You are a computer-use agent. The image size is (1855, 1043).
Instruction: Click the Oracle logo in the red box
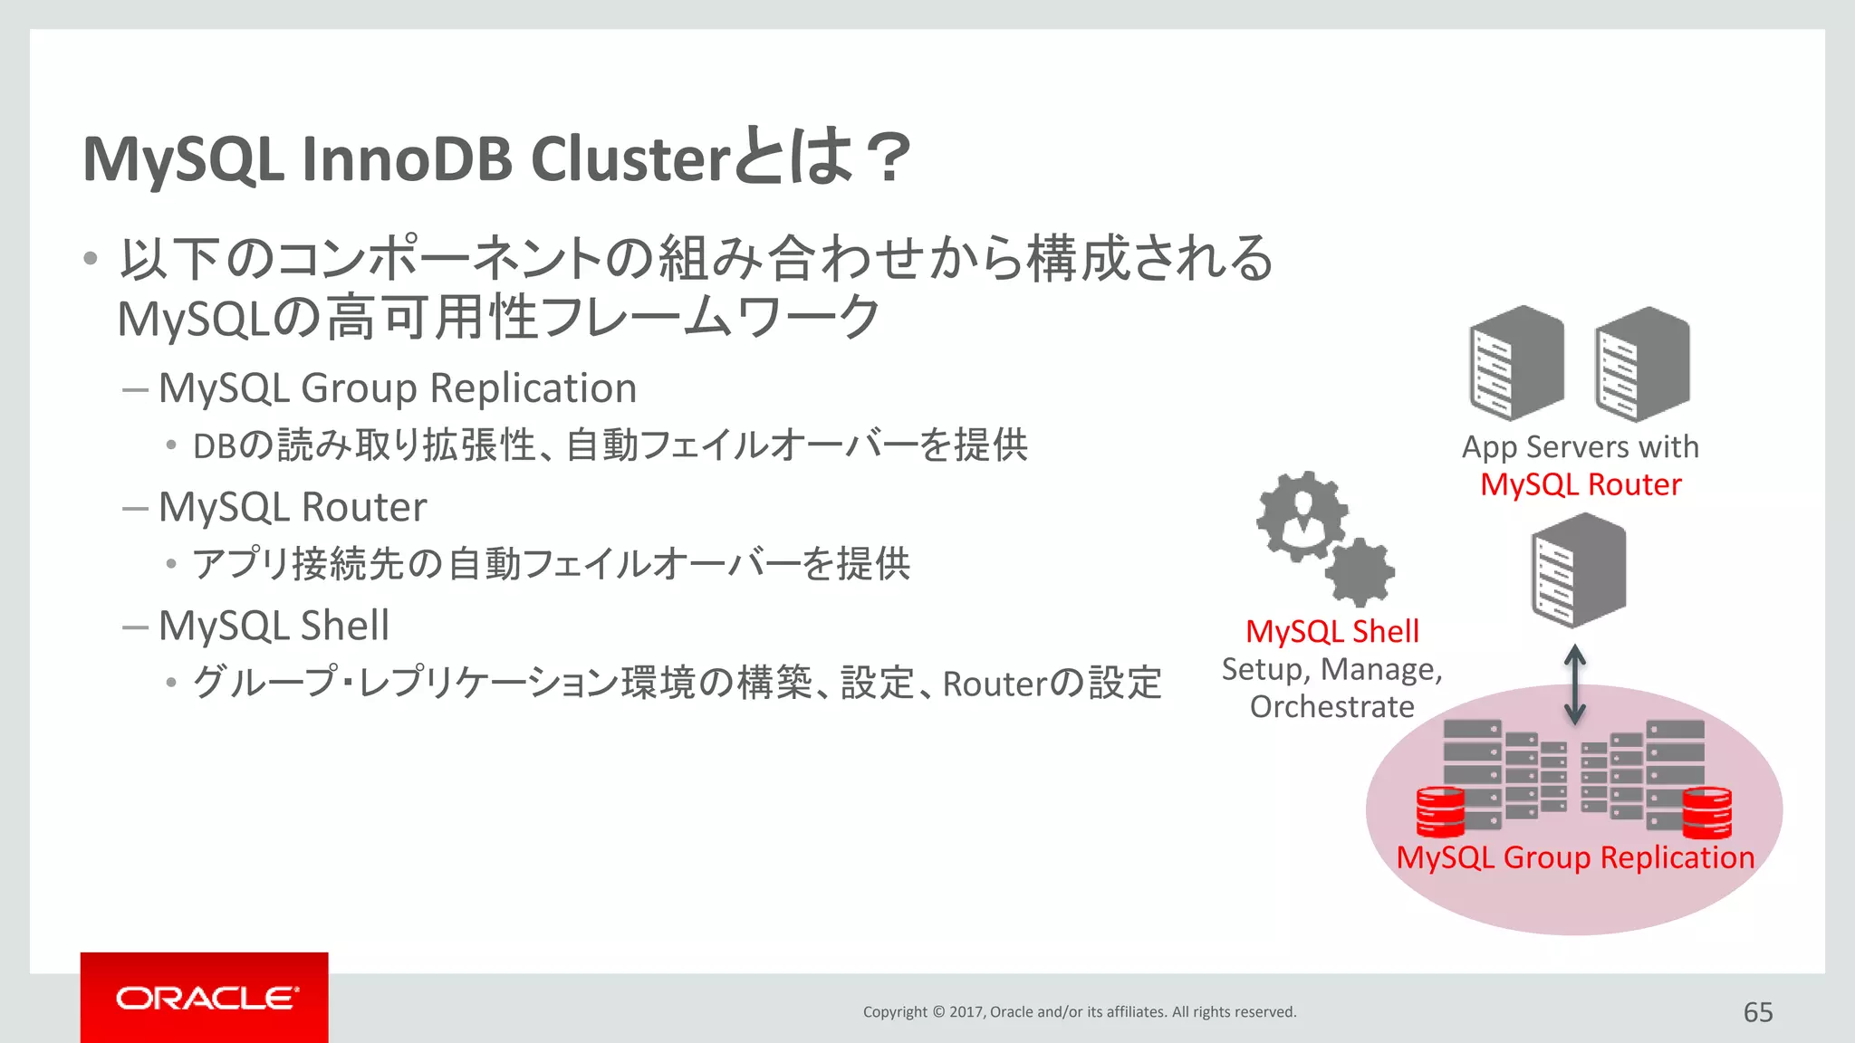[207, 998]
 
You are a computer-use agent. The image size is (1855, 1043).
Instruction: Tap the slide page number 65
[1757, 1012]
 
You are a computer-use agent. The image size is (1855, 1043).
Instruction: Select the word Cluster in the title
[630, 159]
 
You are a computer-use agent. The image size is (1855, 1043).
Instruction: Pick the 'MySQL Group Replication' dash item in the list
[397, 388]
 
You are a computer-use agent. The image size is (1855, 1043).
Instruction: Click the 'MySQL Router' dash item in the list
[292, 507]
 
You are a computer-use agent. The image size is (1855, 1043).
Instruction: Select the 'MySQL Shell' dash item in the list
[274, 626]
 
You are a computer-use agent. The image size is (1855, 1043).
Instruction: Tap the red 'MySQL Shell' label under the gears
[1331, 631]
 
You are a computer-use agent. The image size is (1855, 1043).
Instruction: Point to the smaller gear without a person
[1361, 572]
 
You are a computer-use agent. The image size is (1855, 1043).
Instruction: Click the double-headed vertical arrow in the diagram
[1575, 684]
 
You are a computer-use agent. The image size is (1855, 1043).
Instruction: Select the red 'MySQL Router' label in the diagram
[1581, 484]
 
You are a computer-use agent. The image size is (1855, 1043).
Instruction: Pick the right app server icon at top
[1642, 363]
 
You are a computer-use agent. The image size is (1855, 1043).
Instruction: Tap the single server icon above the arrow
[1579, 570]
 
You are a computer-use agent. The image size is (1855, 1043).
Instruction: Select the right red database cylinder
[1706, 812]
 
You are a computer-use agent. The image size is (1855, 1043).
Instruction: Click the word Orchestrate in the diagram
[1331, 706]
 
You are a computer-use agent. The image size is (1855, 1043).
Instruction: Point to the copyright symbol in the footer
[938, 1012]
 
